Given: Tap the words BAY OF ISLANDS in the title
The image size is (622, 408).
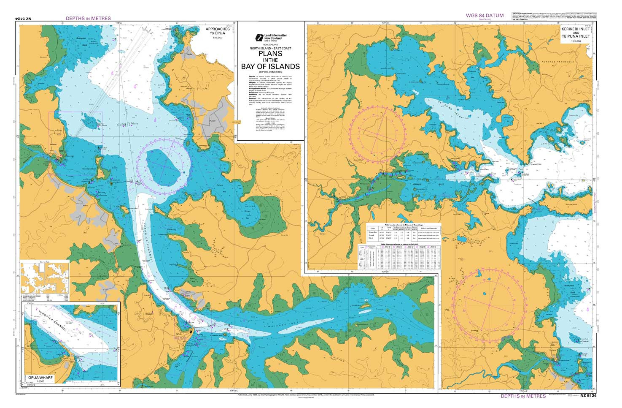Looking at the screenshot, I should [270, 66].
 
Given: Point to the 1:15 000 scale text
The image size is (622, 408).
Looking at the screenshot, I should [218, 38].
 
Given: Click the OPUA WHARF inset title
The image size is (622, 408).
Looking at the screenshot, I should [43, 376].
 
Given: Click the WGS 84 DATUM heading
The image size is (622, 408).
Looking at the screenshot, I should [485, 16].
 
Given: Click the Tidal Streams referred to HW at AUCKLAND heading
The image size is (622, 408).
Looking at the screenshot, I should [399, 244].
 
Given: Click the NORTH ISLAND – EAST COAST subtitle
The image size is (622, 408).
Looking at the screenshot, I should [270, 49].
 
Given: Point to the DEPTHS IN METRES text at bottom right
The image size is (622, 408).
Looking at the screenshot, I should [523, 396].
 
